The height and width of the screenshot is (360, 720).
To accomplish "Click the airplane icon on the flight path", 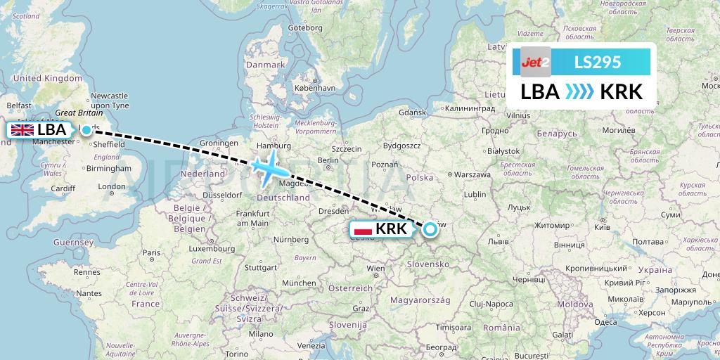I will pyautogui.click(x=269, y=167).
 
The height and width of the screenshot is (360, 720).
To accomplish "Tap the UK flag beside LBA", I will pyautogui.click(x=22, y=129).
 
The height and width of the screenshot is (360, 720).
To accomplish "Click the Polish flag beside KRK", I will pyautogui.click(x=363, y=229).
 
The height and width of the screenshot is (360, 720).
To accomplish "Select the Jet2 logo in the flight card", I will pyautogui.click(x=535, y=63).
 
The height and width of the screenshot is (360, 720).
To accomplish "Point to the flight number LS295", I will pyautogui.click(x=598, y=63).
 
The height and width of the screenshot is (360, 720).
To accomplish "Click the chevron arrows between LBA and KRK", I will pyautogui.click(x=579, y=92).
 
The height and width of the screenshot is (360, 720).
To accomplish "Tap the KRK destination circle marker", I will pyautogui.click(x=430, y=228).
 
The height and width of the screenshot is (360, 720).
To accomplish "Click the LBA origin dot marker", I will pyautogui.click(x=86, y=129).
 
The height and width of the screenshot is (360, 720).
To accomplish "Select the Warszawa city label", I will pyautogui.click(x=472, y=174).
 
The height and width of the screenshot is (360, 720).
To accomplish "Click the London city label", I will pyautogui.click(x=112, y=186).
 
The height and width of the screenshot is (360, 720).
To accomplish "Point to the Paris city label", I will pyautogui.click(x=151, y=252).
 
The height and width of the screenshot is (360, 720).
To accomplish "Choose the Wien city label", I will pyautogui.click(x=375, y=268).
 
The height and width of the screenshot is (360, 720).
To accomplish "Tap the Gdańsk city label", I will pyautogui.click(x=413, y=112).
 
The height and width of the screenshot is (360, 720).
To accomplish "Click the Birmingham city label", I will pyautogui.click(x=109, y=169).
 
